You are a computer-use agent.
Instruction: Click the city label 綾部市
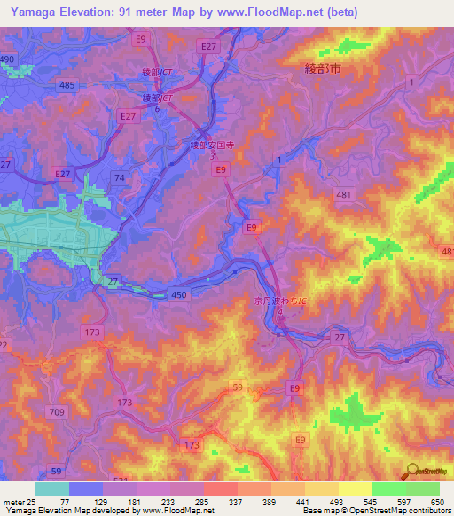click(323, 67)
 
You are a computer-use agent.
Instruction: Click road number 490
click(8, 59)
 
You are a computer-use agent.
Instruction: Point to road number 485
click(67, 85)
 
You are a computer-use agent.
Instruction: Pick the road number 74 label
click(118, 178)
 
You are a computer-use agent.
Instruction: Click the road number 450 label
click(179, 295)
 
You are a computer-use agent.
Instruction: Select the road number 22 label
click(4, 345)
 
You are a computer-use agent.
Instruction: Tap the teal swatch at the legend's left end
click(52, 489)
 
